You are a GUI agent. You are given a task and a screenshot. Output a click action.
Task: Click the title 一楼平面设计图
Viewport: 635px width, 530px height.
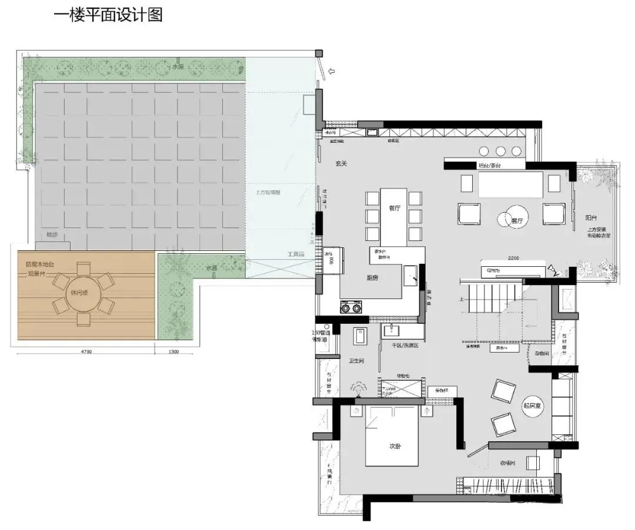click(x=108, y=15)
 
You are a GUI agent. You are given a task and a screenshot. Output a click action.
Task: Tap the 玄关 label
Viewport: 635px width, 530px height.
click(x=341, y=164)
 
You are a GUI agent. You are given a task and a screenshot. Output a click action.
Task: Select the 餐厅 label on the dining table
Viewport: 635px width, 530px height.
click(x=394, y=208)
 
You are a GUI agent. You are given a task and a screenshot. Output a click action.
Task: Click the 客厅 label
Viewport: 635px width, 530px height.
click(x=517, y=221)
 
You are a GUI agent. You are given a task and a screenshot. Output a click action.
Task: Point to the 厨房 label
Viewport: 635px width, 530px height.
click(x=371, y=278)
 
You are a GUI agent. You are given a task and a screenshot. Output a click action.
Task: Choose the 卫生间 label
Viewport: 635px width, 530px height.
click(x=356, y=361)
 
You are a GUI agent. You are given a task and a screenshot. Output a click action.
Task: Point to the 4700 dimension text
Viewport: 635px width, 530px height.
click(x=86, y=352)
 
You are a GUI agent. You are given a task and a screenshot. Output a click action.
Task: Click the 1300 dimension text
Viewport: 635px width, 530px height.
click(x=173, y=352)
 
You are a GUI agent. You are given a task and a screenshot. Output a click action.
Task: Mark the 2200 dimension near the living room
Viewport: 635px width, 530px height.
click(x=515, y=257)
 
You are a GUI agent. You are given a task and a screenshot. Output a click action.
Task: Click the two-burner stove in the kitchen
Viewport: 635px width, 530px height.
click(x=351, y=307)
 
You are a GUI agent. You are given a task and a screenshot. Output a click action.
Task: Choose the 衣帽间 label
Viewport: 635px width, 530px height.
click(x=508, y=463)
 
